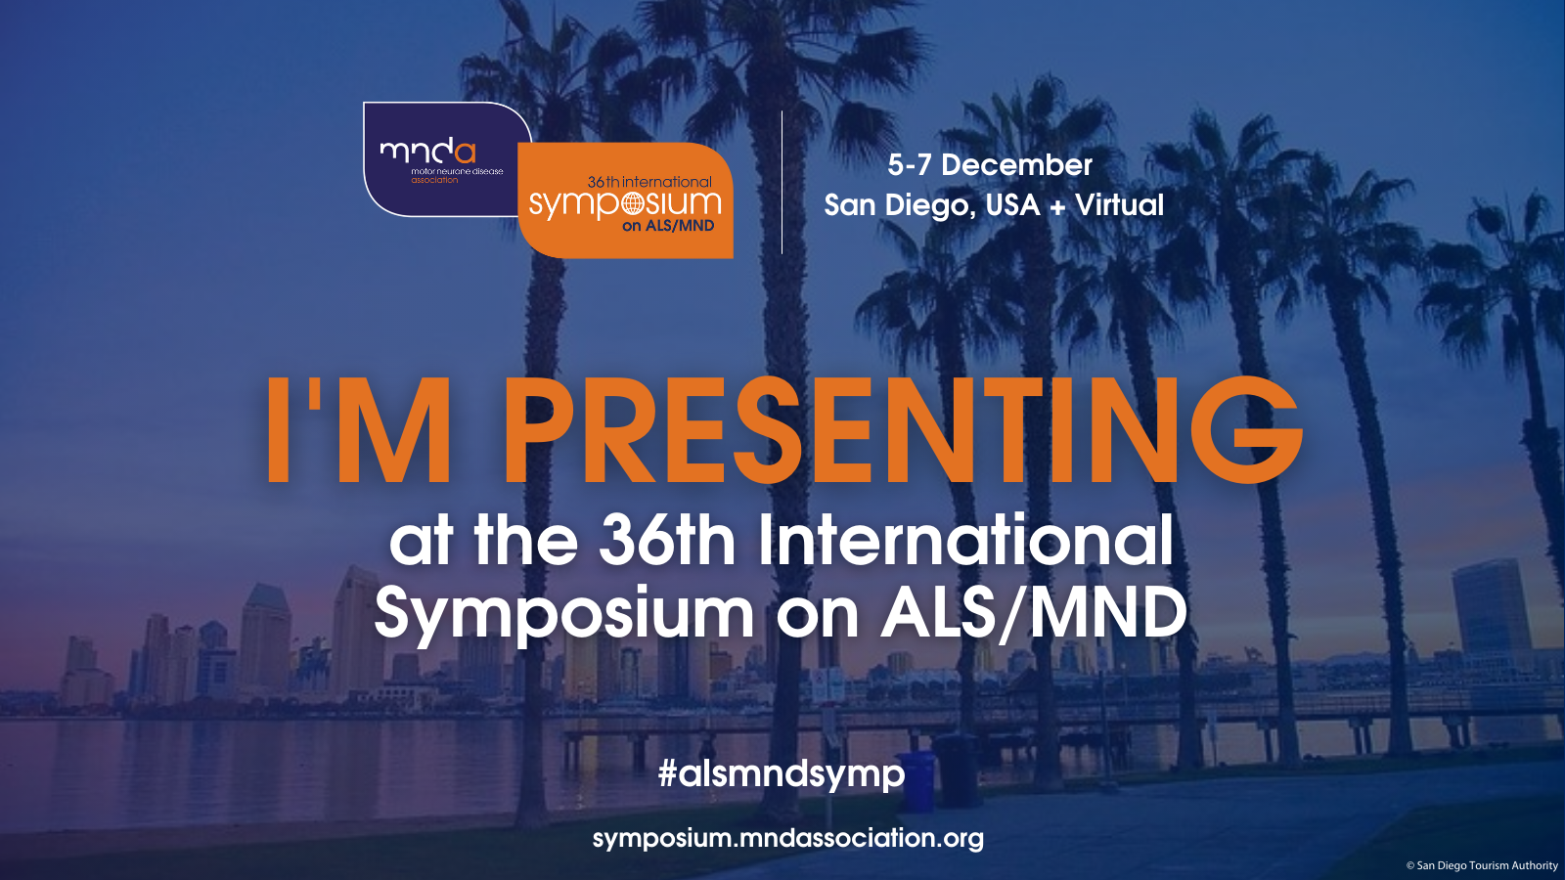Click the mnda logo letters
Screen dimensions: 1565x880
pos(427,153)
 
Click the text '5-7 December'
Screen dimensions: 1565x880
pos(990,165)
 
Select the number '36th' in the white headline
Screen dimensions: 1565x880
pos(666,541)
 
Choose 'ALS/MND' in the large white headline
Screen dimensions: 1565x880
pos(1035,612)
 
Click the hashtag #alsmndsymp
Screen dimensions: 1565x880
pos(782,774)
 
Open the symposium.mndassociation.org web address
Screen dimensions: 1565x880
pos(787,838)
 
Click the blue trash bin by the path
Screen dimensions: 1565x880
pos(916,781)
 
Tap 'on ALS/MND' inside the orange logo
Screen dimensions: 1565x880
pos(668,226)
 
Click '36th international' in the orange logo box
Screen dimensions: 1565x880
pos(649,182)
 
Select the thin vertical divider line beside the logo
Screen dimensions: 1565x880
pos(782,182)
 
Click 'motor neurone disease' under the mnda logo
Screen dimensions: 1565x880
pos(457,171)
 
